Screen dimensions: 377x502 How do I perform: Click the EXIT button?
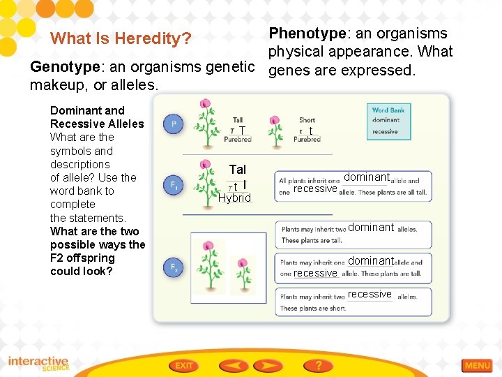(184, 365)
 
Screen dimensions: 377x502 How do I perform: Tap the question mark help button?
(319, 365)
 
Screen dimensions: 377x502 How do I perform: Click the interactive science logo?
(39, 364)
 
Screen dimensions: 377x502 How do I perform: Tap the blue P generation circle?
(173, 124)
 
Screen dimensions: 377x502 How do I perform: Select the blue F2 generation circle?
(173, 267)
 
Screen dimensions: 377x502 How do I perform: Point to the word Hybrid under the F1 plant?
(234, 198)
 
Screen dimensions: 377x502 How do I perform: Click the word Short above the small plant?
(307, 120)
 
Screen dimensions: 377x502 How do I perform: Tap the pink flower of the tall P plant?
(204, 104)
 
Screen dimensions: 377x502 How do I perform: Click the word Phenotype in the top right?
(307, 34)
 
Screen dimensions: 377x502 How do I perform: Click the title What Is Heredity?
(121, 38)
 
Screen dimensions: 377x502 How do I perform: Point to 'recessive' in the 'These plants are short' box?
(370, 294)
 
